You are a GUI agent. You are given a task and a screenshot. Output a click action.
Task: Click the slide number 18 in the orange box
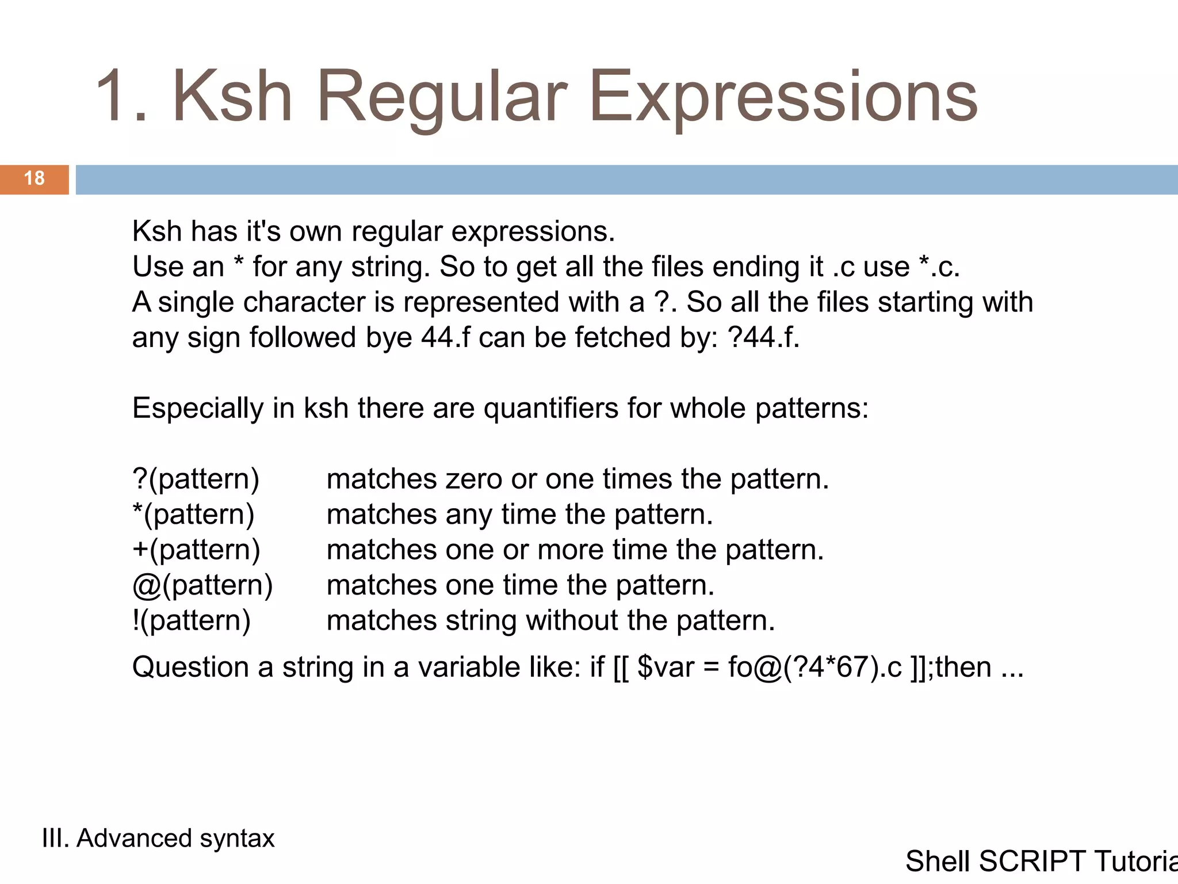[35, 178]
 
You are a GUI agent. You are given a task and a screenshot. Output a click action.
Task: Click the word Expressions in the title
[783, 96]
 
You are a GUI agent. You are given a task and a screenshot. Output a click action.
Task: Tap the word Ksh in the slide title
[232, 96]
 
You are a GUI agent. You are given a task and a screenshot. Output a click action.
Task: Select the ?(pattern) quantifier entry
[196, 479]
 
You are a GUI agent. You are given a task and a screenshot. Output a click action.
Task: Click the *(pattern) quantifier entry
[193, 514]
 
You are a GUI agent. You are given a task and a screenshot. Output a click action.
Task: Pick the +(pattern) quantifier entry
[196, 550]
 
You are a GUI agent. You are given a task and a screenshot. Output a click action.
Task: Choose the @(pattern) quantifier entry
[202, 585]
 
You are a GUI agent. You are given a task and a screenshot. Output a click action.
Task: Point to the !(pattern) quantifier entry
[192, 620]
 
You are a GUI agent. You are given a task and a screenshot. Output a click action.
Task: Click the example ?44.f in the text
[763, 337]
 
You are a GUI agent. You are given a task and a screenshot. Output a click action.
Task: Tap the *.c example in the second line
[939, 267]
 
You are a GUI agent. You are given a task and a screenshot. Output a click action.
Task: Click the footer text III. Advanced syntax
[158, 838]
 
